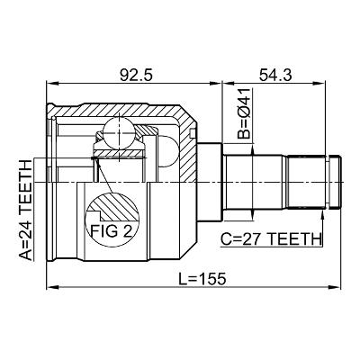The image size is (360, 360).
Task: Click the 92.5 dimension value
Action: click(x=136, y=75)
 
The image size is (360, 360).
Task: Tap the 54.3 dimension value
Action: click(x=275, y=75)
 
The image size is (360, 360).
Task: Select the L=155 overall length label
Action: click(x=202, y=279)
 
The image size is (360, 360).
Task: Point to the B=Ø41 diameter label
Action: click(x=244, y=113)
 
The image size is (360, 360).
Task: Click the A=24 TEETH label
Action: click(x=25, y=210)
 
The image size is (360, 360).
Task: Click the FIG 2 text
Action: click(x=112, y=231)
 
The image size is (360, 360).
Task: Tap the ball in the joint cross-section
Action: click(x=119, y=133)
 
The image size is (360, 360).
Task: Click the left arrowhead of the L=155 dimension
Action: click(x=52, y=287)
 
